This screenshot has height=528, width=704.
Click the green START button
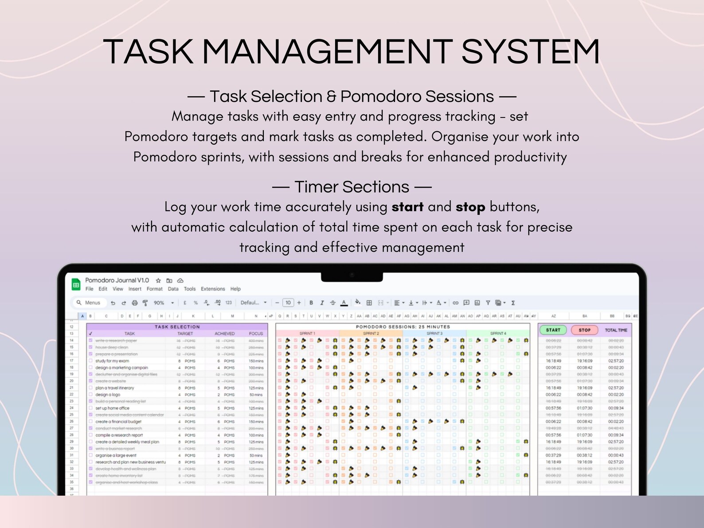click(553, 330)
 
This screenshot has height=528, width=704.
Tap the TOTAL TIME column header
click(616, 330)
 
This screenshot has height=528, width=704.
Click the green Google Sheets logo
click(76, 285)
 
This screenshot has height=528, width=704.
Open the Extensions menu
click(213, 289)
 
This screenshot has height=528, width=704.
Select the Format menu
click(154, 289)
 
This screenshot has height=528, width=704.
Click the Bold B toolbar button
click(311, 303)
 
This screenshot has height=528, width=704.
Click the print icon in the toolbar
click(135, 303)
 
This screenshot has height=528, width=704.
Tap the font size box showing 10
click(288, 303)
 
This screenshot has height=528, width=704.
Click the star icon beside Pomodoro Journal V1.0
click(158, 281)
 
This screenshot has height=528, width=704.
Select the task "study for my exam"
click(112, 361)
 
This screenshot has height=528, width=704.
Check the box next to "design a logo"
click(90, 395)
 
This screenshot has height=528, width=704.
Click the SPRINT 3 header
click(434, 333)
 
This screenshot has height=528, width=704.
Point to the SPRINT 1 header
click(307, 333)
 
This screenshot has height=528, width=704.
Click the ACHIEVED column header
click(224, 333)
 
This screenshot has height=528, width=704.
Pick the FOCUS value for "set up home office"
click(256, 408)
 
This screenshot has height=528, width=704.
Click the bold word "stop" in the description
click(470, 207)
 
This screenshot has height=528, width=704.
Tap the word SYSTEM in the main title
click(531, 52)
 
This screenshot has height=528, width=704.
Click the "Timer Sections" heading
click(352, 187)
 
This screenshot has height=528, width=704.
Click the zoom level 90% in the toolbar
click(159, 303)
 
